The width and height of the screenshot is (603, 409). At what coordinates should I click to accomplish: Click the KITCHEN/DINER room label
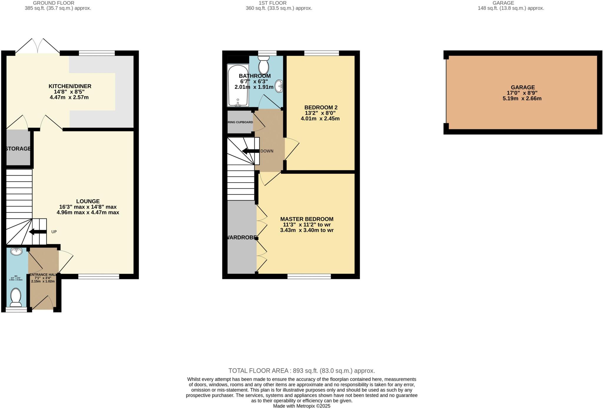pyautogui.click(x=70, y=86)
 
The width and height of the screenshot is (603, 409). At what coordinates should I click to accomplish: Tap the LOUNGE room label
pyautogui.click(x=88, y=201)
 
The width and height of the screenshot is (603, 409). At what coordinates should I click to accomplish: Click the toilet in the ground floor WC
pyautogui.click(x=16, y=297)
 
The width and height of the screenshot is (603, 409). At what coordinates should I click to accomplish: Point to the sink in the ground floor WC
pyautogui.click(x=16, y=252)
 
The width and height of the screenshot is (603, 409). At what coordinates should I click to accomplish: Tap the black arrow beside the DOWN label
pyautogui.click(x=250, y=151)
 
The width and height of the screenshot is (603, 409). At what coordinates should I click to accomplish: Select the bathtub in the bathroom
pyautogui.click(x=238, y=86)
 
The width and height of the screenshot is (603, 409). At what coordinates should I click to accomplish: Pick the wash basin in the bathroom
pyautogui.click(x=279, y=86)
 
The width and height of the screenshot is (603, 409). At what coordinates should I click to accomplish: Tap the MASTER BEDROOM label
pyautogui.click(x=307, y=219)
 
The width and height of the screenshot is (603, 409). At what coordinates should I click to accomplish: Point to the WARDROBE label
pyautogui.click(x=241, y=237)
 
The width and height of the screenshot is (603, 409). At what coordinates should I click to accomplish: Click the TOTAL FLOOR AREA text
pyautogui.click(x=301, y=371)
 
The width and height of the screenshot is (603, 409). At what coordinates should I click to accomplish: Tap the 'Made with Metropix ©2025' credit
pyautogui.click(x=301, y=406)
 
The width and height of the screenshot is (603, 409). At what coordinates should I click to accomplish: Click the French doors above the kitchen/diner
pyautogui.click(x=38, y=46)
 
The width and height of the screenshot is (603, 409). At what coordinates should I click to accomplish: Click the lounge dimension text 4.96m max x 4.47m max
pyautogui.click(x=88, y=212)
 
